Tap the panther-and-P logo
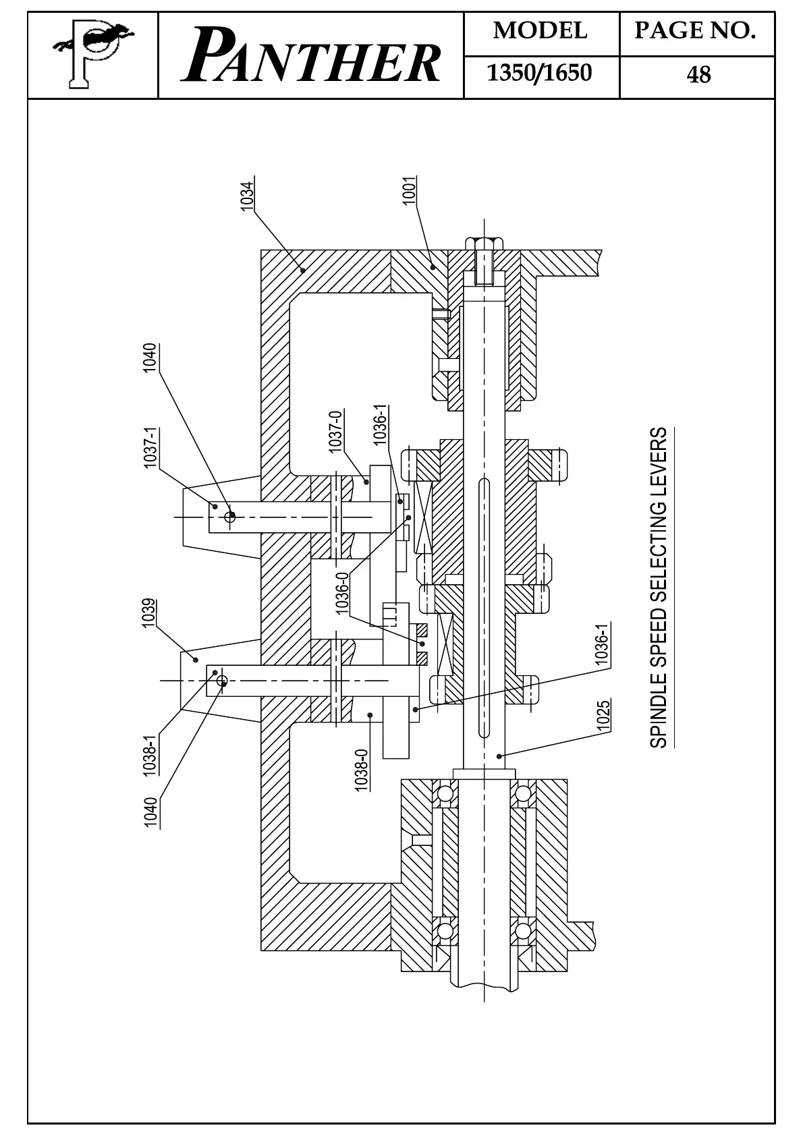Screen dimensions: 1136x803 92,55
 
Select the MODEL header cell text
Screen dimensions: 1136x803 540,31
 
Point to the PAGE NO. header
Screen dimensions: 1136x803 695,31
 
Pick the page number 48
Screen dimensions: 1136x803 698,74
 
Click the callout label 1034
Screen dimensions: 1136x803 248,195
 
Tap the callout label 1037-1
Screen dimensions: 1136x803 150,447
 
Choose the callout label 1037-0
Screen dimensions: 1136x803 335,431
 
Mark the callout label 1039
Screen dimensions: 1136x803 150,613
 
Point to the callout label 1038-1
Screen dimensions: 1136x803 150,755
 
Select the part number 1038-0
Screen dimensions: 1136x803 362,770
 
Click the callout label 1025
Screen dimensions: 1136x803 603,716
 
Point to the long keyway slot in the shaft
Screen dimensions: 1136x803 484,607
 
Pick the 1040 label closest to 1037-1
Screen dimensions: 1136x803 150,358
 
